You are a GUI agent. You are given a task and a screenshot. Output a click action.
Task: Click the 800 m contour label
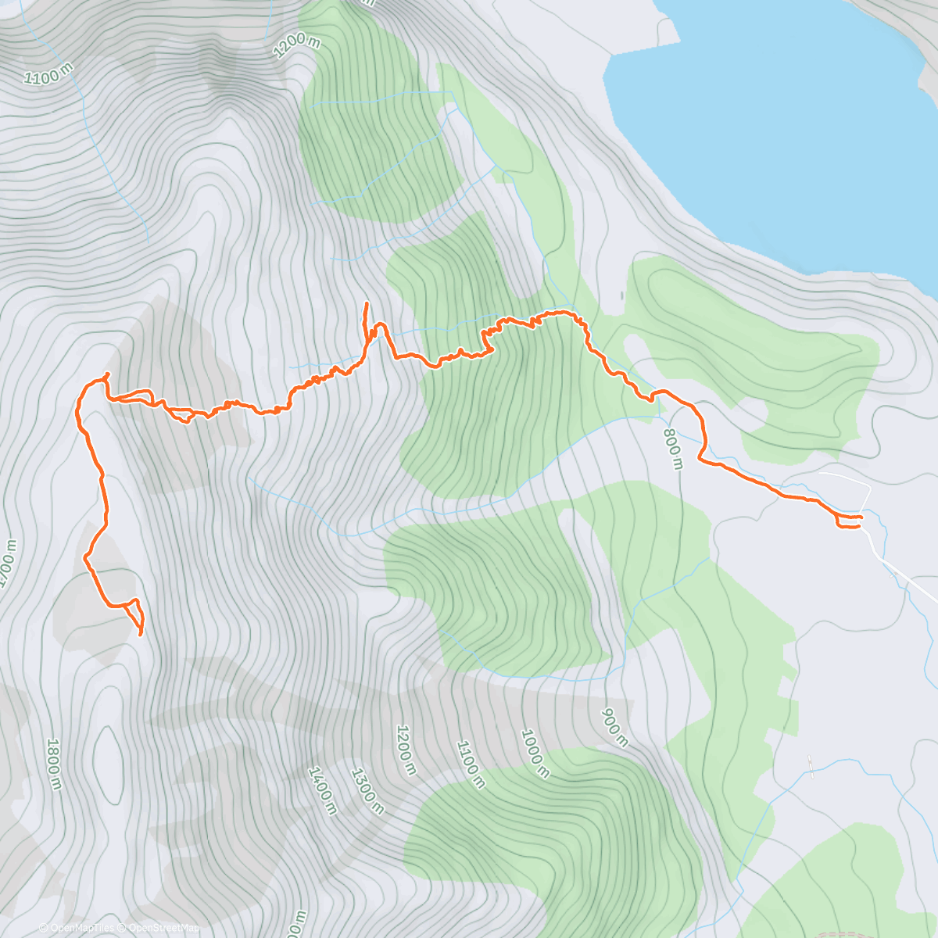click(x=673, y=449)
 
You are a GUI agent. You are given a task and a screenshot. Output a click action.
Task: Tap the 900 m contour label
click(x=614, y=728)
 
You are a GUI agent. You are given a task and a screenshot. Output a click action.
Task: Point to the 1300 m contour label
click(x=367, y=790)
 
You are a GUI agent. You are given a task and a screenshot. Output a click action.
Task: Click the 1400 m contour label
click(x=322, y=790)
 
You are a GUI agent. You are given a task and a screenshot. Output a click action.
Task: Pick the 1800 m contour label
click(x=53, y=764)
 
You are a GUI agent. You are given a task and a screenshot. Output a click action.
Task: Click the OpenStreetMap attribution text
click(x=163, y=928)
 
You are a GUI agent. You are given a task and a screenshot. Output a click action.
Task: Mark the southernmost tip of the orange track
click(x=140, y=635)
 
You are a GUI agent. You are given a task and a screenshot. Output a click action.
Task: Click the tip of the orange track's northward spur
click(x=367, y=303)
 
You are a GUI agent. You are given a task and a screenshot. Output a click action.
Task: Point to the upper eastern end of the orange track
click(x=861, y=517)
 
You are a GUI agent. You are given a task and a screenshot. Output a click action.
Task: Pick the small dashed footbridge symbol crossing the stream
click(x=811, y=766)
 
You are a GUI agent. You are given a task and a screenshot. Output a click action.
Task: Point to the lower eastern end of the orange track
click(x=859, y=527)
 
